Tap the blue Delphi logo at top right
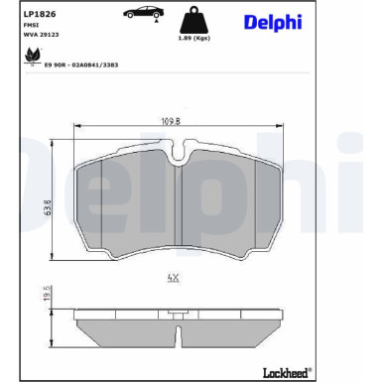pyautogui.click(x=271, y=22)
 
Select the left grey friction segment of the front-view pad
pyautogui.click(x=126, y=204)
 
